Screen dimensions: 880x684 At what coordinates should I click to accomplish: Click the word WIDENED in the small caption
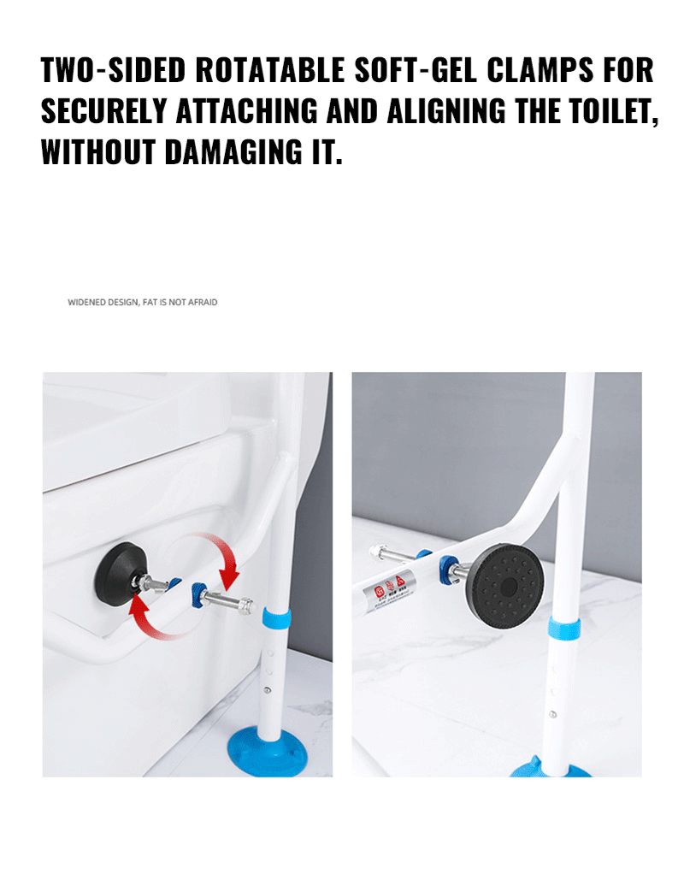point(85,302)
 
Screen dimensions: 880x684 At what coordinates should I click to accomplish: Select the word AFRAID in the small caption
point(203,302)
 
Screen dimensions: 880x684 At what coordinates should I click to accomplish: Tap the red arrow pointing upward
point(145,614)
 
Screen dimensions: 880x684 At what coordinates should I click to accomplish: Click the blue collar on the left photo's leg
point(274,617)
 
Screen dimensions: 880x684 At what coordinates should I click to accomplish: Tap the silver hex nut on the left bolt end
point(245,605)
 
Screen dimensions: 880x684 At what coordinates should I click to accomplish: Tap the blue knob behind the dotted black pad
point(445,567)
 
